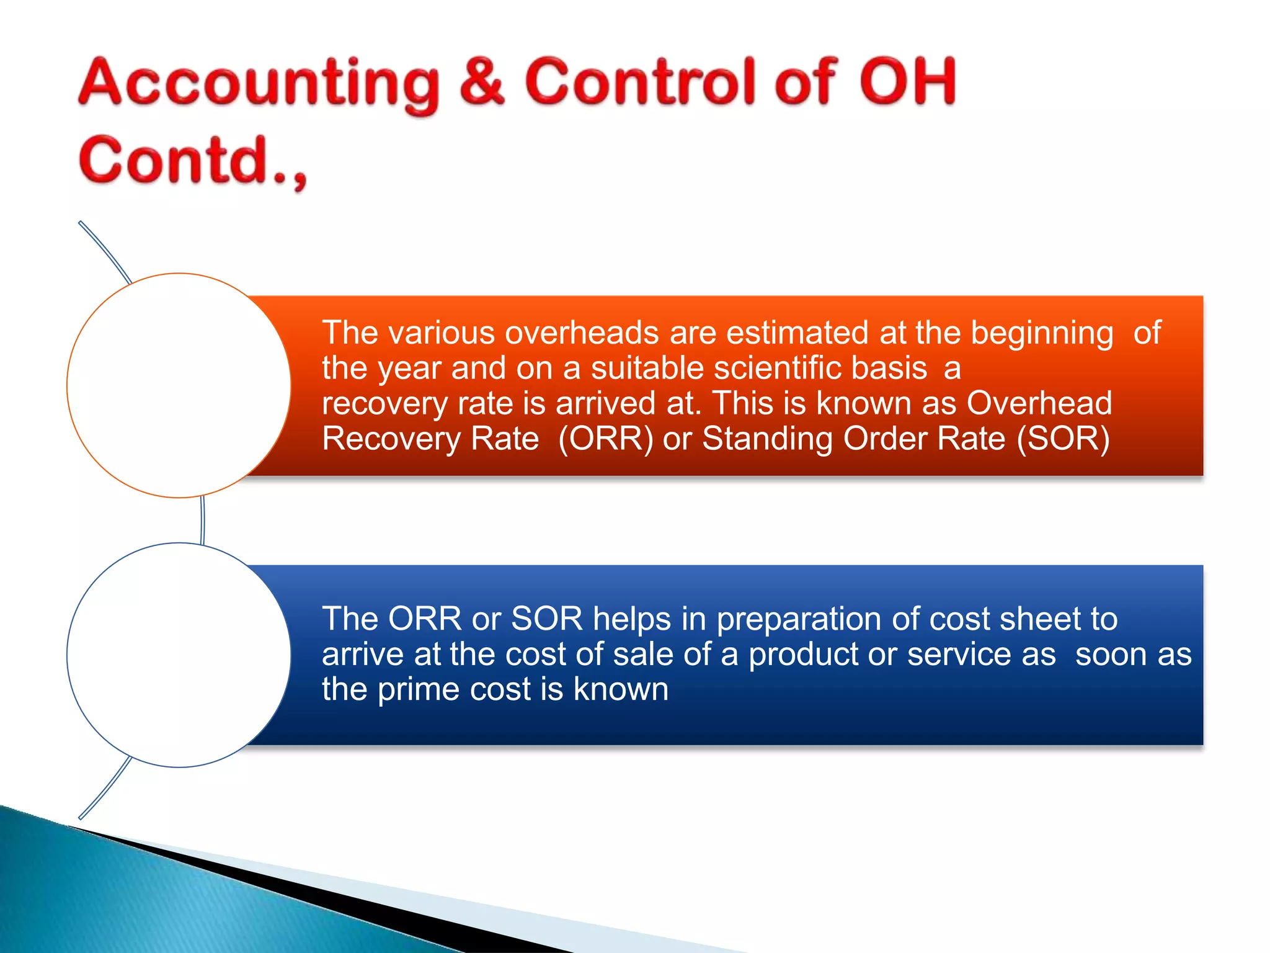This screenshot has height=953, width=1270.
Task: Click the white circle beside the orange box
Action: click(x=179, y=385)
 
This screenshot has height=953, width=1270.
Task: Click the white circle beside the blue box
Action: click(x=179, y=655)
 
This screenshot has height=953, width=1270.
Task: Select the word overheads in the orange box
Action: click(x=581, y=333)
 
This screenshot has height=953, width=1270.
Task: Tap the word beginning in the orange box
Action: click(x=1041, y=334)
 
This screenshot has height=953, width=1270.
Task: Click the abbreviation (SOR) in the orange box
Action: click(x=1063, y=439)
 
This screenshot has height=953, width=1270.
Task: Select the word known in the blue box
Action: click(x=621, y=689)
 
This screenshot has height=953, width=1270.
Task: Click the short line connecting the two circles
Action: click(x=203, y=520)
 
